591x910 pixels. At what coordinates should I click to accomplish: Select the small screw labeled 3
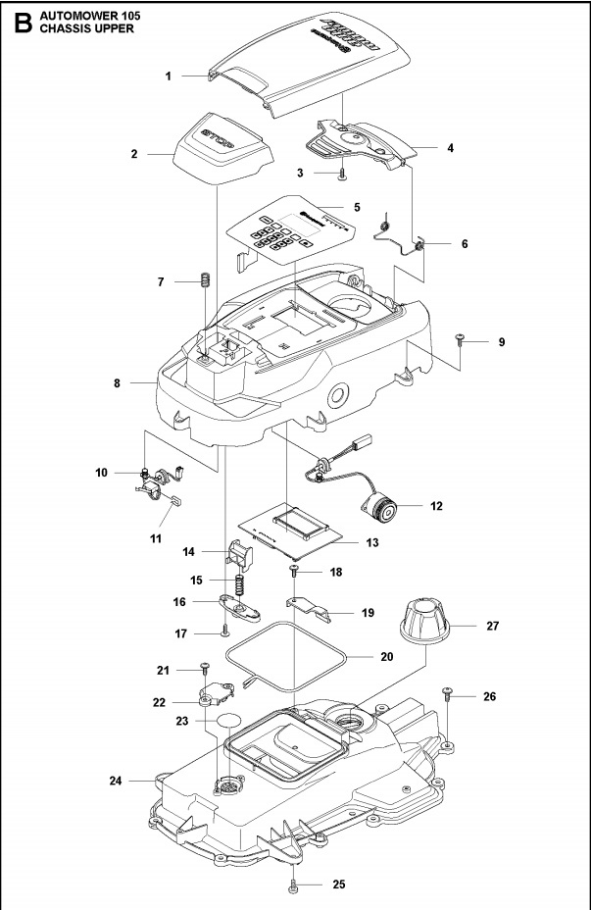[341, 175]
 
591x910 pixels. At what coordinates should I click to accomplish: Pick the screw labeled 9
[459, 339]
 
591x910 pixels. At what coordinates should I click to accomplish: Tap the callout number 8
[116, 384]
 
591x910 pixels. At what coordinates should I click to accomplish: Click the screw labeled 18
[293, 570]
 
